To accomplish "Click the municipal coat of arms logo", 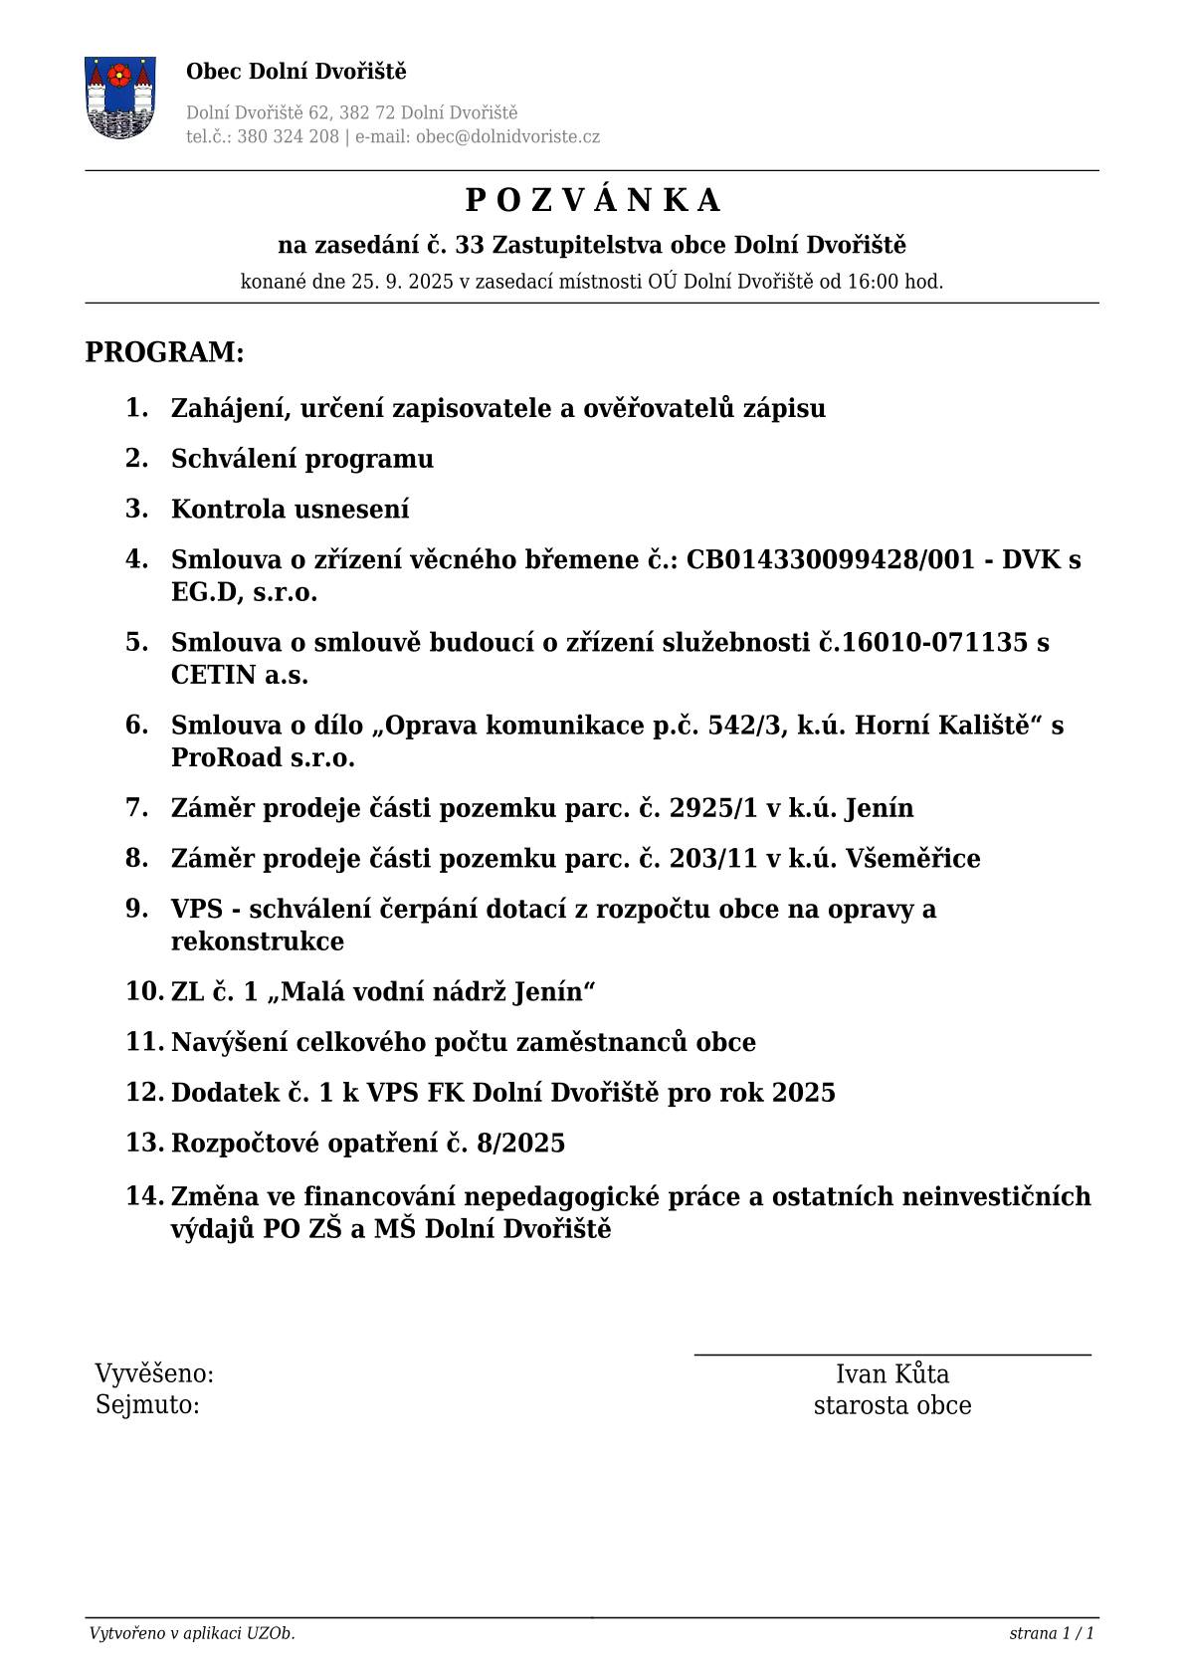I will point(119,97).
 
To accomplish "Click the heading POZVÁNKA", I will point(592,201).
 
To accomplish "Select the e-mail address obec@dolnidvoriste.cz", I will point(507,137).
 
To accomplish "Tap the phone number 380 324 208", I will point(288,137).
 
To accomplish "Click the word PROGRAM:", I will point(164,352).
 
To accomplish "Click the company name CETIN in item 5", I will point(213,675).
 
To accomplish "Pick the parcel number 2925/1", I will point(713,808).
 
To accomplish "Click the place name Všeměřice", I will point(912,858).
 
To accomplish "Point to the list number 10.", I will point(144,991).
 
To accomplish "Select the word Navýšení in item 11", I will point(233,1042).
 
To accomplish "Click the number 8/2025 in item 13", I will point(520,1143).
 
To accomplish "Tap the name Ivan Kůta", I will point(891,1374).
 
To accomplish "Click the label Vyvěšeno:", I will point(154,1374).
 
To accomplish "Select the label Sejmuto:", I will point(147,1405).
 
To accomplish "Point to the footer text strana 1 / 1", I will point(1051,1633).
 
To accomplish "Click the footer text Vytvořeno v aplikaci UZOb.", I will point(192,1633).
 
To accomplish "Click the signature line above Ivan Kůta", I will point(891,1355).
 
